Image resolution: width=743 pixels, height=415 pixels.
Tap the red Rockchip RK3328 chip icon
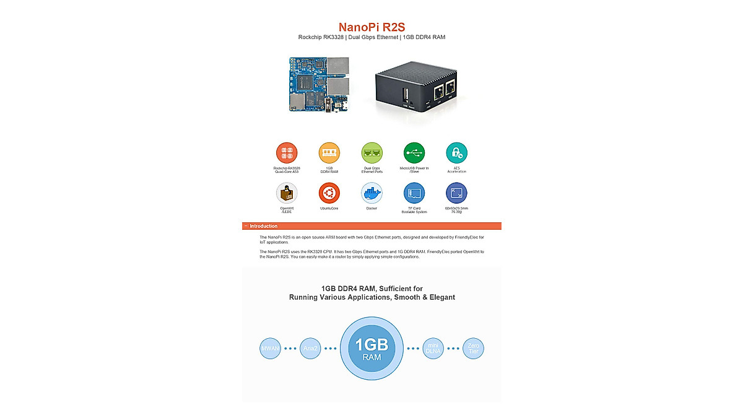tap(287, 152)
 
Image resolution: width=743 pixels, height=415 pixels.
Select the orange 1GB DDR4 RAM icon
tap(329, 152)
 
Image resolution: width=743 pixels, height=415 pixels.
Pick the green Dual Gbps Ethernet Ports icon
tap(371, 152)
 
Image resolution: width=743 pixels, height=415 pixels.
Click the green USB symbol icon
tap(414, 152)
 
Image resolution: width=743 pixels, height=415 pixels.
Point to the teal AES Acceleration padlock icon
tap(456, 152)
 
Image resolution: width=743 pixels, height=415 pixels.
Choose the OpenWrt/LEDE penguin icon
tap(287, 193)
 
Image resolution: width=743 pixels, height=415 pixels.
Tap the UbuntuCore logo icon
tap(329, 193)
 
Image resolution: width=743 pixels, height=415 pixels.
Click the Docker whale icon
tap(371, 193)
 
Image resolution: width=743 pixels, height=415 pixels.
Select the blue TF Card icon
tap(414, 193)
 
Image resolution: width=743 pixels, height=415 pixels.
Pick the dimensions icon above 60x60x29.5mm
tap(456, 193)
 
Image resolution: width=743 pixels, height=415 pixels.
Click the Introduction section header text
tap(264, 226)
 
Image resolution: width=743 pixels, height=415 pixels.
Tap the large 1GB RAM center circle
tap(371, 348)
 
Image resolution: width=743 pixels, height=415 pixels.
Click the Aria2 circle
tap(310, 348)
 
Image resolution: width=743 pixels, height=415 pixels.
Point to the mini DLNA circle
tap(433, 348)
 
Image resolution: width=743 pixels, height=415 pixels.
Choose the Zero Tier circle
tap(474, 348)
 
